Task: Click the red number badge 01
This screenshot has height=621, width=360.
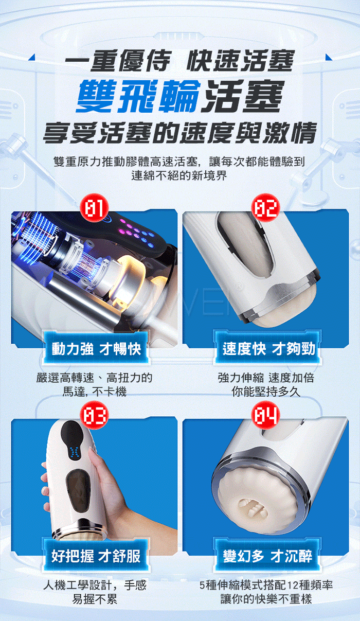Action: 94,208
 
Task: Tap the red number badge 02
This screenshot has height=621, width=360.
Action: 265,208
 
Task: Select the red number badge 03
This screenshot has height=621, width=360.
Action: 94,415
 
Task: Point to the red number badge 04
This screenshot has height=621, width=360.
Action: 265,415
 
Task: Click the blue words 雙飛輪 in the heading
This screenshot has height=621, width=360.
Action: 138,96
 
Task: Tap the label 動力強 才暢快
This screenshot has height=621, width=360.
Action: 96,348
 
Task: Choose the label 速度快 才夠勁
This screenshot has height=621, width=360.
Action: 268,348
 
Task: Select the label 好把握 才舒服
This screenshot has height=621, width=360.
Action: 96,556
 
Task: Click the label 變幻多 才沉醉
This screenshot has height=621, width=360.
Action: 268,556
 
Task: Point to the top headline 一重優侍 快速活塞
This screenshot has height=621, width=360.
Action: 179,61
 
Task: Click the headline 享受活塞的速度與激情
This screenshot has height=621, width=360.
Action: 180,133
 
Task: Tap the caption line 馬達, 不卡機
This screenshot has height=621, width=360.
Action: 95,392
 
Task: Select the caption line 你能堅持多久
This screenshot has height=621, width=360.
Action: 266,392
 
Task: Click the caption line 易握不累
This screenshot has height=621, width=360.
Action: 95,599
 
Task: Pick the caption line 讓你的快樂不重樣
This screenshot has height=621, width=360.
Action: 266,599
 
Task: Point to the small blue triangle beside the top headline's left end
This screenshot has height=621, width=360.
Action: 32,57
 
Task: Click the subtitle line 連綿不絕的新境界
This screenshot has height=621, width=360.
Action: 179,175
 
